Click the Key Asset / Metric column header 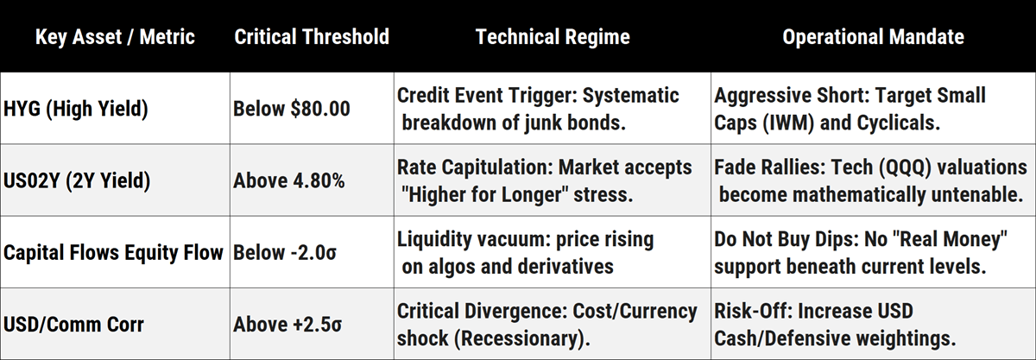[x=115, y=37]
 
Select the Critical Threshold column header [x=312, y=37]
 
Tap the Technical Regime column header [x=553, y=37]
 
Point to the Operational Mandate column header [x=873, y=37]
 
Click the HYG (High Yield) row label [x=76, y=109]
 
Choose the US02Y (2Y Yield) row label [x=77, y=180]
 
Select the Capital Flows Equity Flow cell [x=113, y=253]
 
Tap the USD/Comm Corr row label [x=73, y=325]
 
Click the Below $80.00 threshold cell [x=292, y=109]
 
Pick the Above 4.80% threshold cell [x=289, y=180]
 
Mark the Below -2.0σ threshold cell [x=285, y=253]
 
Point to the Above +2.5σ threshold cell [x=287, y=325]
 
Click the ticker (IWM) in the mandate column [x=788, y=123]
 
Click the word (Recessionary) [x=522, y=338]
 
